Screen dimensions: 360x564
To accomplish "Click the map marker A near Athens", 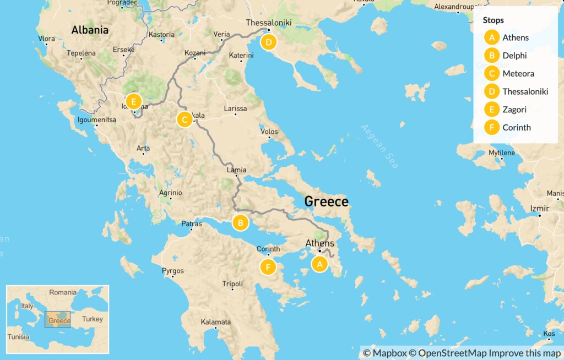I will [x=319, y=264].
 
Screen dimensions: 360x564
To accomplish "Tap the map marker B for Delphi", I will [x=240, y=223].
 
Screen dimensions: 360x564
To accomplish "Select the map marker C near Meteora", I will [x=185, y=119].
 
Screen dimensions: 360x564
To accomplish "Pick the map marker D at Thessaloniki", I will [x=268, y=42].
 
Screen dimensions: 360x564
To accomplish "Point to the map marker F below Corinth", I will [x=268, y=268].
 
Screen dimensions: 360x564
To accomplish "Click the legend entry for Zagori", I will [x=514, y=110].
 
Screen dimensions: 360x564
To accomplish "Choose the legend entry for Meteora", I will [x=518, y=74].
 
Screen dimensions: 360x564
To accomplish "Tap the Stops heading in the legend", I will [x=493, y=20].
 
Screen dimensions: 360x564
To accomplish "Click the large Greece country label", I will [x=327, y=201].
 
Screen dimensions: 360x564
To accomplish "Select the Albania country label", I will [x=90, y=30].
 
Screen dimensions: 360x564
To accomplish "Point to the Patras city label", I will [x=192, y=224].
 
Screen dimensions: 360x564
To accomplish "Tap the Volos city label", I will [x=269, y=132].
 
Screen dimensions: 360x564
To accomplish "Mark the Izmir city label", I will [x=539, y=209].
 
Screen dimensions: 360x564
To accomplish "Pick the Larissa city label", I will [x=235, y=108].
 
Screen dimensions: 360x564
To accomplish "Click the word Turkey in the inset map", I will [x=92, y=319].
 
